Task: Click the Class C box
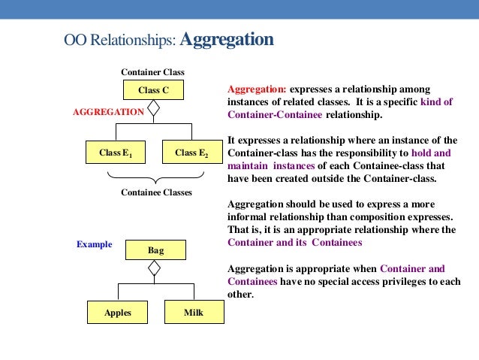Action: click(x=153, y=90)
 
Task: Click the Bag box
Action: click(x=155, y=250)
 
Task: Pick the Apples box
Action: click(x=117, y=313)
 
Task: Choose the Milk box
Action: click(x=194, y=313)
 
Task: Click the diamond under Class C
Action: click(x=154, y=108)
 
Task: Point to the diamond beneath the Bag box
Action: click(x=155, y=268)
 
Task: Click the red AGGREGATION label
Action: click(x=108, y=111)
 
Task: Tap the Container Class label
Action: click(x=153, y=72)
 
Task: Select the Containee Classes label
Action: click(x=156, y=192)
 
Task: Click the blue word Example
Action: click(x=94, y=244)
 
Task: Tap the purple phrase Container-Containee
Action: click(x=274, y=115)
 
